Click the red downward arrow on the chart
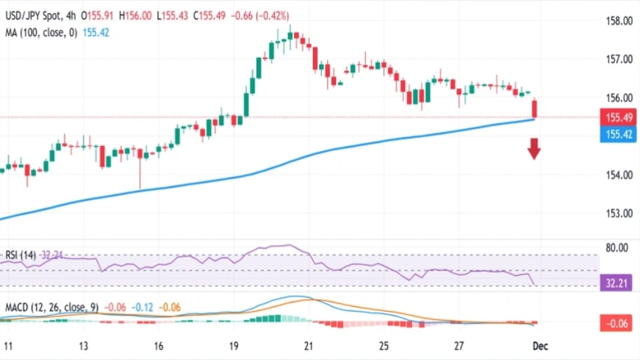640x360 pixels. [x=534, y=148]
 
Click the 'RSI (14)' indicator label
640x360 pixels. [x=20, y=254]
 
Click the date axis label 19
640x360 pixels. [x=234, y=347]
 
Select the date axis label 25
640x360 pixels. [x=383, y=347]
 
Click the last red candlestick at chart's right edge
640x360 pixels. [x=535, y=109]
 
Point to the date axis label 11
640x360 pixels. [x=8, y=347]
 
